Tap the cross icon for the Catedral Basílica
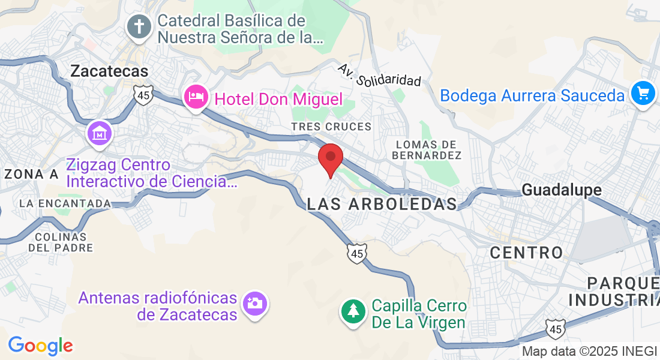point(139,27)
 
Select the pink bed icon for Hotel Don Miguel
point(196,96)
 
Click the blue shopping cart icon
point(643,94)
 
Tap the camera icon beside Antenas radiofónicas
point(254,304)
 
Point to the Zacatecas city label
point(109,71)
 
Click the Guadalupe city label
point(562,190)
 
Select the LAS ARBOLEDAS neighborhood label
point(382,204)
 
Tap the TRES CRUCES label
point(331,127)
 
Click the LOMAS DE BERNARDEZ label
point(427,150)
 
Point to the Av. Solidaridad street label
point(380,74)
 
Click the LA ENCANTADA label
point(65,203)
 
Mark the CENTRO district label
point(527,253)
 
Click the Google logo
point(40,346)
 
